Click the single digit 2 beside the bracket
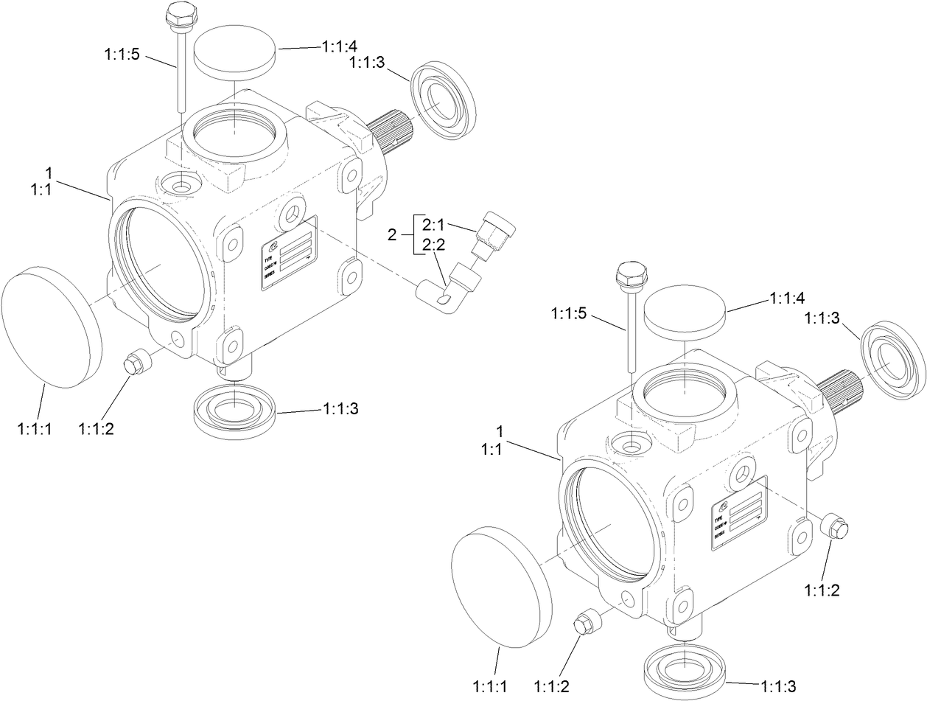pos(392,235)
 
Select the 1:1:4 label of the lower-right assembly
pos(787,298)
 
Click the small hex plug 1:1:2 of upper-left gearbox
pos(137,363)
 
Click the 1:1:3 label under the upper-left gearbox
pos(341,409)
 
